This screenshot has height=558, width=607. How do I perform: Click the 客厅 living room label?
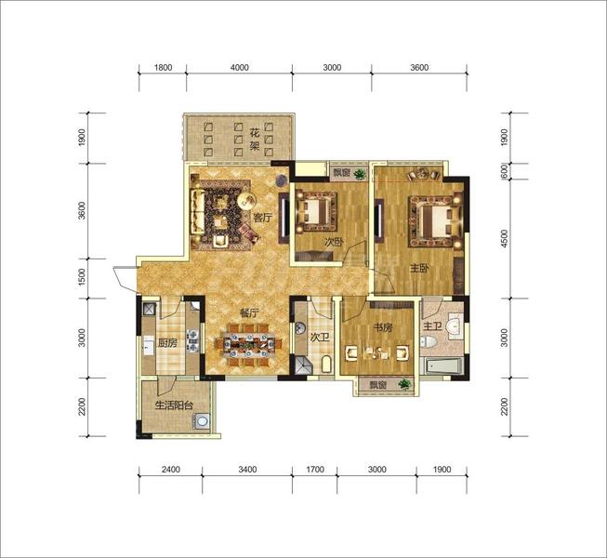[x=262, y=218]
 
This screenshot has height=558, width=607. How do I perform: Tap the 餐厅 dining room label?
[x=249, y=312]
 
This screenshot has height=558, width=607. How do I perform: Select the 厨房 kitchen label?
[x=167, y=342]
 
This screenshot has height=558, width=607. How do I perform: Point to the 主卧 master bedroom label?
[x=419, y=268]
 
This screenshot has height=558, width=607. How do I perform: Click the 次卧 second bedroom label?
[x=334, y=243]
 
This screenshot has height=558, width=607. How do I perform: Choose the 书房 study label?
[x=382, y=328]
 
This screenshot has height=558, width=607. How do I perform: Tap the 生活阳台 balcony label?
[x=174, y=405]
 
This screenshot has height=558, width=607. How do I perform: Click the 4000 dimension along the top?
[x=240, y=67]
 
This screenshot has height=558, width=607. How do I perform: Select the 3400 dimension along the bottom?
[x=247, y=470]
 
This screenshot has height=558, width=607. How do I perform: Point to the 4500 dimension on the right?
[x=504, y=239]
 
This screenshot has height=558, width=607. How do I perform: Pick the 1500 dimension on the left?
[x=81, y=277]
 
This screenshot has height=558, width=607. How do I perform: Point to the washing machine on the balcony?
[x=202, y=421]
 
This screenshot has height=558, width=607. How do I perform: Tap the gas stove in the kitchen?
[x=192, y=340]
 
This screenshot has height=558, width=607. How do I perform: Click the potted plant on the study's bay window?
[x=404, y=384]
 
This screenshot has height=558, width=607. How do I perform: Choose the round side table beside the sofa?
[x=246, y=201]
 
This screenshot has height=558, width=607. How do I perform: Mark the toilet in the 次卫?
[x=326, y=364]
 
